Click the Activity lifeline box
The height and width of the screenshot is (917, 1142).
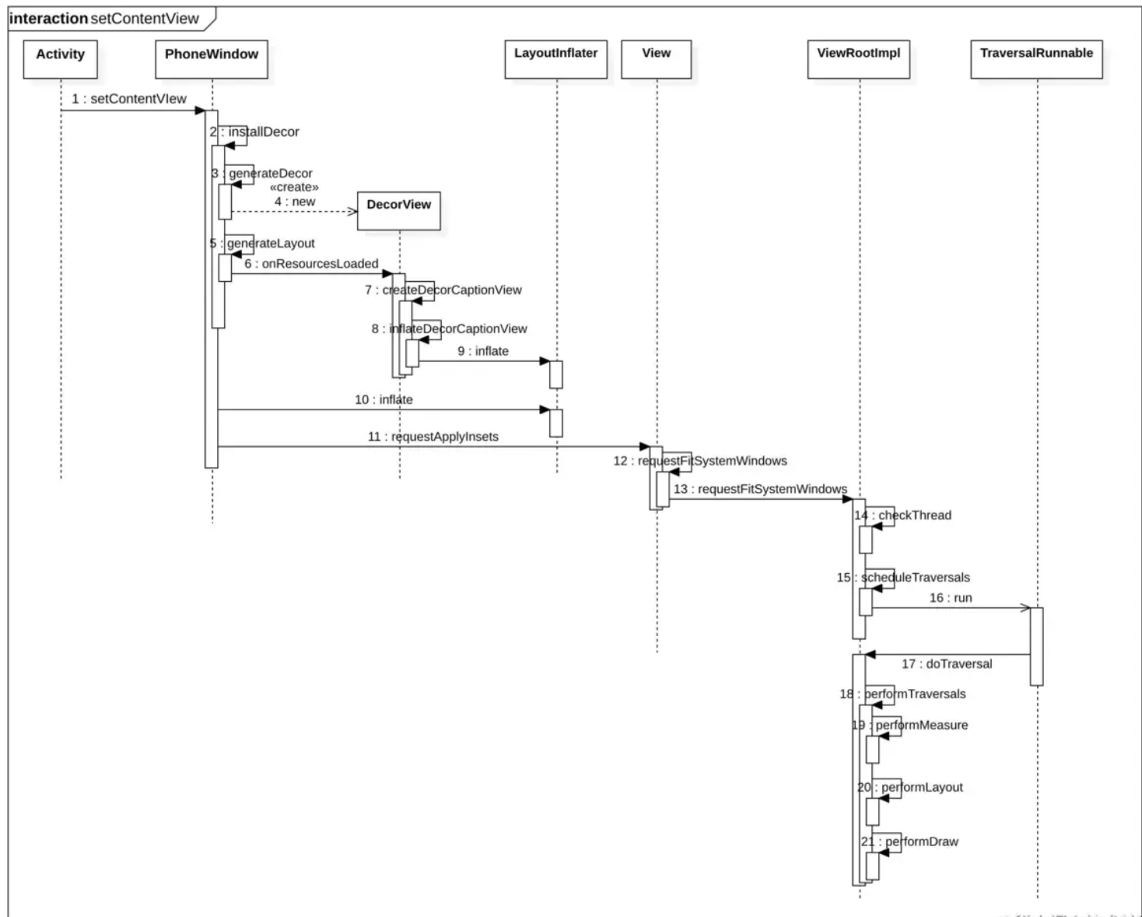tap(60, 58)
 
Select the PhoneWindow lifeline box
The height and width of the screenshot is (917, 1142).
tap(211, 58)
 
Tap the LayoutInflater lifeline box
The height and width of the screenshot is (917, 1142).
tap(555, 58)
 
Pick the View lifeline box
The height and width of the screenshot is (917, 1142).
tap(656, 58)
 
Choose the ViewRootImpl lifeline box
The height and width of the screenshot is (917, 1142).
tap(858, 58)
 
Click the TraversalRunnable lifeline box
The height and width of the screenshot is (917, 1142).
tap(1036, 58)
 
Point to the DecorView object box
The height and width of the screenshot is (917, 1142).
tap(398, 209)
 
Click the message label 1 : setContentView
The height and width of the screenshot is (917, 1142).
tap(129, 99)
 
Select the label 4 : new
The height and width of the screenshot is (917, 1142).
tap(295, 202)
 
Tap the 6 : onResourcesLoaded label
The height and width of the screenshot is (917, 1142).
tap(311, 264)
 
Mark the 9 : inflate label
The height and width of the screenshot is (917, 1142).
tap(483, 351)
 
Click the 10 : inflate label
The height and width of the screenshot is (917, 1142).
tap(384, 399)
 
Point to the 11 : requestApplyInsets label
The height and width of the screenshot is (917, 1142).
tap(433, 437)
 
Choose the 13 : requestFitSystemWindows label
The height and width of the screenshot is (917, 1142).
tap(760, 489)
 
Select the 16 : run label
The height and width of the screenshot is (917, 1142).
tap(951, 598)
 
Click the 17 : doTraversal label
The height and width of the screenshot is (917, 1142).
tap(947, 664)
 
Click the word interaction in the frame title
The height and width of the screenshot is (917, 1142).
tap(49, 19)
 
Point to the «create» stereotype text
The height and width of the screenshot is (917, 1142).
tap(294, 188)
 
